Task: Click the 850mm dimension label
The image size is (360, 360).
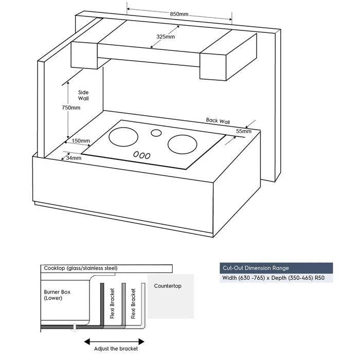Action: click(x=178, y=14)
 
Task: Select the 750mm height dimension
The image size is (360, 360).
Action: click(x=71, y=107)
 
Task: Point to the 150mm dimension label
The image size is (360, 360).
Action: click(x=81, y=140)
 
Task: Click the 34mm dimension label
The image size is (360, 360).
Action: click(x=73, y=158)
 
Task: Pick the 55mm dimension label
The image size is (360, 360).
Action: click(x=244, y=132)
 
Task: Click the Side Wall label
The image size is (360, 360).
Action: click(x=83, y=95)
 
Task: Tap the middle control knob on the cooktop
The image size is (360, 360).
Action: click(x=142, y=155)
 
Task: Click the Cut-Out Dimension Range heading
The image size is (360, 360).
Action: click(x=256, y=268)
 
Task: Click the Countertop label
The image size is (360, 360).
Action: click(x=171, y=286)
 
